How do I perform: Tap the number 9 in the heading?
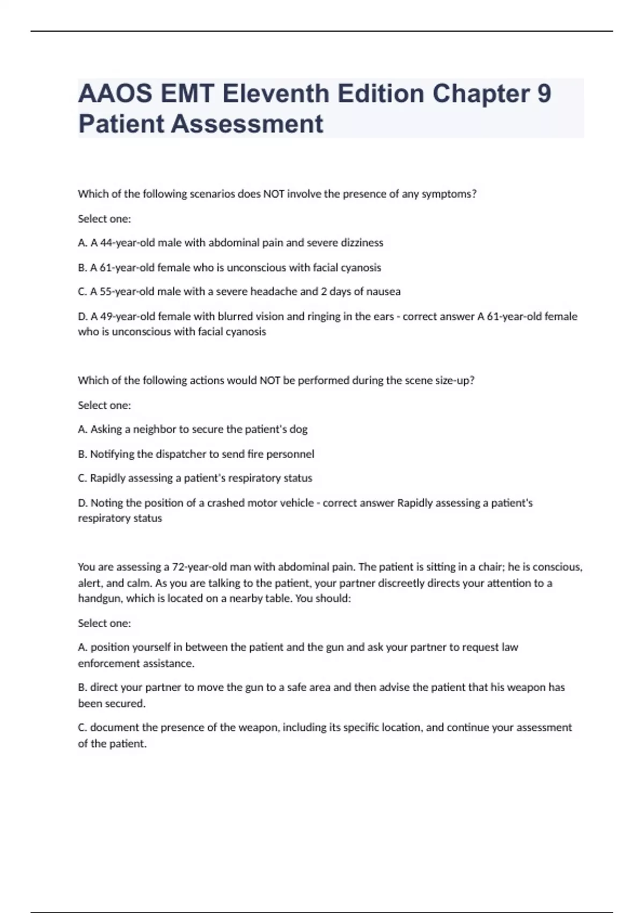point(544,93)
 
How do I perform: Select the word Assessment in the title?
point(247,124)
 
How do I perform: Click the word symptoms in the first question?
point(449,194)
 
